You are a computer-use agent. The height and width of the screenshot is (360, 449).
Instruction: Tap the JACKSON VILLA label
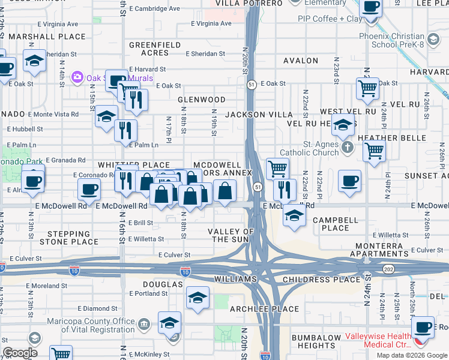tap(258, 114)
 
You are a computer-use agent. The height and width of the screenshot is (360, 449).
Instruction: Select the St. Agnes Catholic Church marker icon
tap(346, 147)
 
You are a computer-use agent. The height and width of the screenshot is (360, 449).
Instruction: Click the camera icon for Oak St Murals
tap(77, 77)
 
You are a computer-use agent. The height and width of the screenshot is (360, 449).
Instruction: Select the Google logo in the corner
tap(20, 353)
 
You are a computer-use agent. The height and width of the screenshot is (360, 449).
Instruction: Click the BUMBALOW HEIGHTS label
tap(316, 342)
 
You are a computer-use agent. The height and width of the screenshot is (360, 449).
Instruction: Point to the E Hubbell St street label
tap(25, 129)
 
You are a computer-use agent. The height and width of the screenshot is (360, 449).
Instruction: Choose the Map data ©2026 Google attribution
tap(411, 355)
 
